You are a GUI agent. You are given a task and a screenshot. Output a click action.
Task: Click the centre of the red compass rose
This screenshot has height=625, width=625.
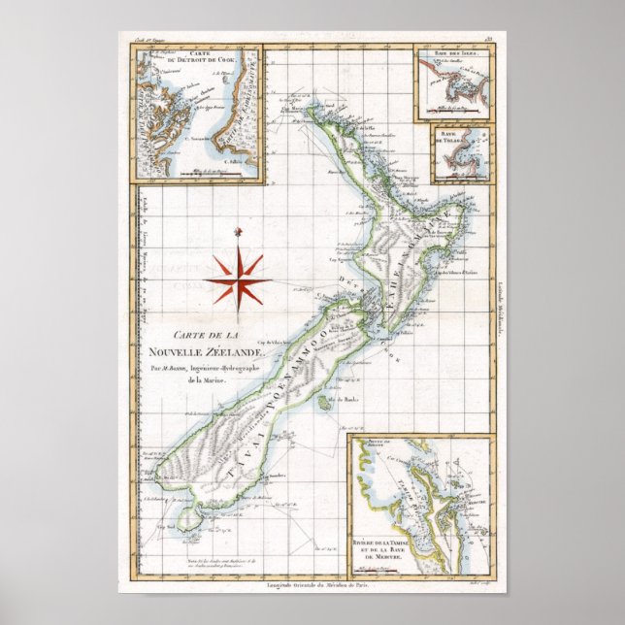tap(238, 279)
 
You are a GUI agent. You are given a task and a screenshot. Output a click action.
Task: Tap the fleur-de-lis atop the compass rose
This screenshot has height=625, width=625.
tap(238, 231)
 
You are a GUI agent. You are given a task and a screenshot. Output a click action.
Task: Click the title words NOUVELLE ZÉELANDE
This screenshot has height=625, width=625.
tap(201, 350)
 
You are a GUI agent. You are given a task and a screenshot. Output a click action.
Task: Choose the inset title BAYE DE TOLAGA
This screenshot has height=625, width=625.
tap(453, 141)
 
